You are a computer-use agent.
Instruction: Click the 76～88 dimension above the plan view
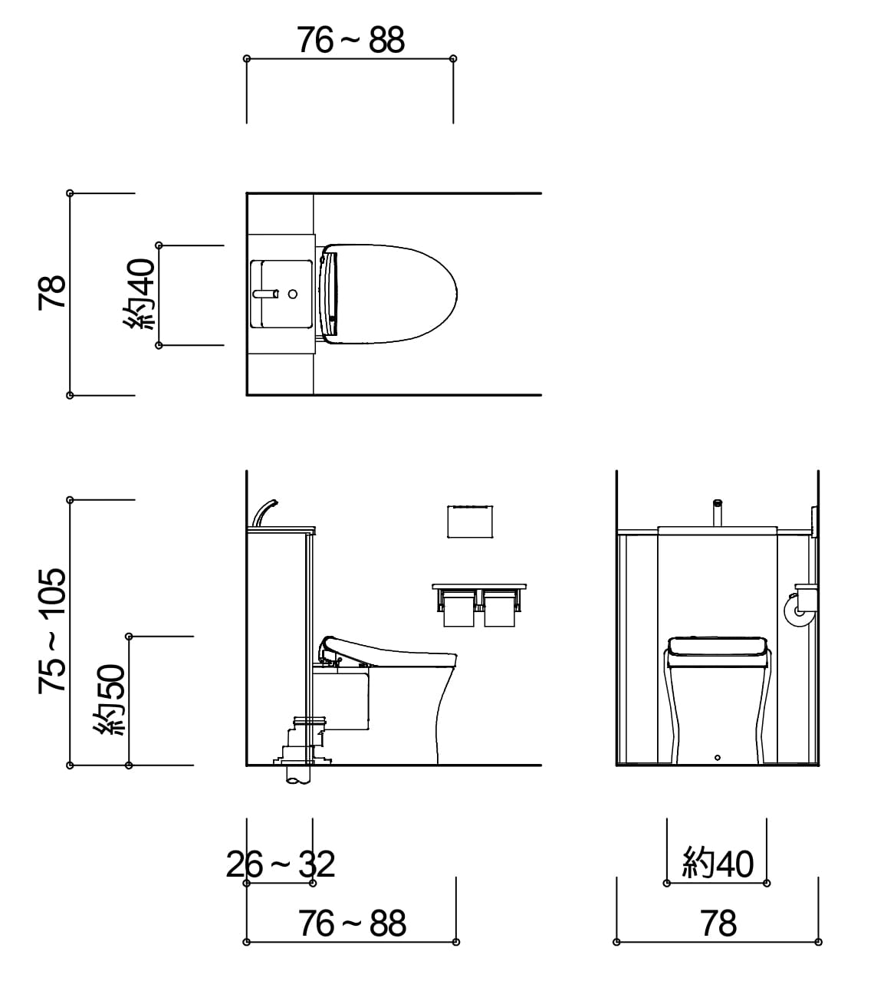pos(350,40)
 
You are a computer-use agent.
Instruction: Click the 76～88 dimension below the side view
pos(352,923)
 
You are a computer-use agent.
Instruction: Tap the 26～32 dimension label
pos(280,864)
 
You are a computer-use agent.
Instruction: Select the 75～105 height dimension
pos(52,631)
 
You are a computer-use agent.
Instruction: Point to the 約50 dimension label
pos(110,700)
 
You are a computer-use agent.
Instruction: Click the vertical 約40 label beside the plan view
pos(140,295)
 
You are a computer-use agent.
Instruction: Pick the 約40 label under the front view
pos(718,863)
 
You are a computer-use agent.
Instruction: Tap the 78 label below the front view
pos(718,923)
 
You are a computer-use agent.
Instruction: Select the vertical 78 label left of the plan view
pos(52,292)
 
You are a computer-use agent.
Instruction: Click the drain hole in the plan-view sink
pos(292,294)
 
